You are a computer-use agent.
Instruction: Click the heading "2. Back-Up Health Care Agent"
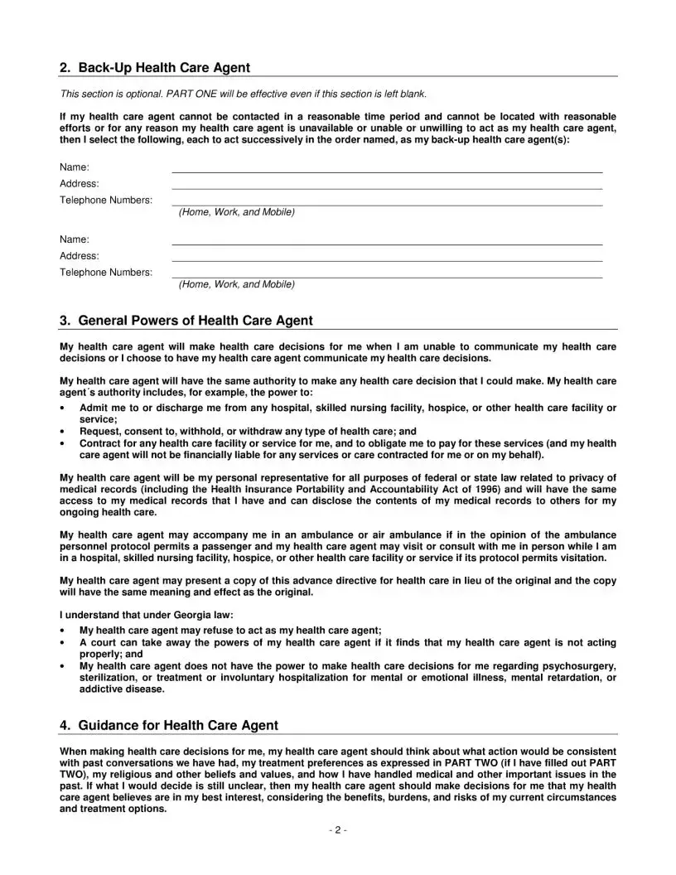click(155, 67)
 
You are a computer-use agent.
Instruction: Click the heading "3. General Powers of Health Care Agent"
click(186, 321)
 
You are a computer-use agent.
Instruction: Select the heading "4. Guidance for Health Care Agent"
click(169, 725)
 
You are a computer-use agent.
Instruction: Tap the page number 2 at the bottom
click(337, 830)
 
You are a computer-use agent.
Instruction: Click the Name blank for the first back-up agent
click(387, 168)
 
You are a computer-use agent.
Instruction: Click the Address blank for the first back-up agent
click(387, 185)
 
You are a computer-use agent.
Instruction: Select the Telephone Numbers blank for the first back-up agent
click(387, 201)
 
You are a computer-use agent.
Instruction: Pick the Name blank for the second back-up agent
click(387, 240)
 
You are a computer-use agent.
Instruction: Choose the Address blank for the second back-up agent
click(387, 257)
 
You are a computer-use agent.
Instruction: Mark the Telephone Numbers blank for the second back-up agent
click(387, 273)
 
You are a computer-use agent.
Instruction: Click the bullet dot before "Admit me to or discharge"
click(64, 408)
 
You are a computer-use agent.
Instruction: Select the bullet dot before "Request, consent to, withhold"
click(64, 432)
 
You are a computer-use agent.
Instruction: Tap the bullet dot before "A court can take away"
click(64, 642)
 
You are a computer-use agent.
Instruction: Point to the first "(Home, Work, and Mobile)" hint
click(236, 213)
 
